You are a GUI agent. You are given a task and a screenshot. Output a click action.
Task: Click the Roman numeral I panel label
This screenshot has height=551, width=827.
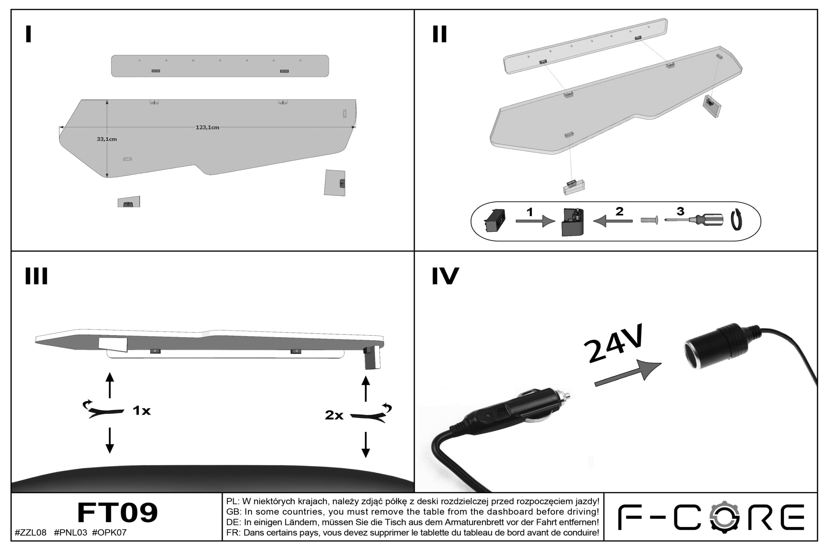[x=29, y=34]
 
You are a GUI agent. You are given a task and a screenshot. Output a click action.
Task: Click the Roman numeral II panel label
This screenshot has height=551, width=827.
[x=440, y=34]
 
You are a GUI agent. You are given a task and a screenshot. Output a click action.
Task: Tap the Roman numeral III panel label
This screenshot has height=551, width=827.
[x=36, y=276]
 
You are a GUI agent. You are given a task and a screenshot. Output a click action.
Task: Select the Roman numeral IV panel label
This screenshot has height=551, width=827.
[x=445, y=276]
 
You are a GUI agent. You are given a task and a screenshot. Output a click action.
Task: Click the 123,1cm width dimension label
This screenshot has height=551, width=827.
[x=208, y=127]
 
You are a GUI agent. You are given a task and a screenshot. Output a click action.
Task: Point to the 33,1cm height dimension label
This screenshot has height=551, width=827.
[x=107, y=139]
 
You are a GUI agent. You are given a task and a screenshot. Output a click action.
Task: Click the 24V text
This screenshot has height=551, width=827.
[x=614, y=343]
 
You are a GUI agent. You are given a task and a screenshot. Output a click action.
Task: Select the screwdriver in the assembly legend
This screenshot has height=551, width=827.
[x=694, y=220]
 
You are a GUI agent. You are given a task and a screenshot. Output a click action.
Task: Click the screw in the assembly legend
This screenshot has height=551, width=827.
[x=649, y=221]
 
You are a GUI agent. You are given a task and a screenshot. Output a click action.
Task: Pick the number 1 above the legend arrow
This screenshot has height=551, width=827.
[x=530, y=212]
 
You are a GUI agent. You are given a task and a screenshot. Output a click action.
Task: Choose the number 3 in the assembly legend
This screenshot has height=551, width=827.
[x=680, y=212]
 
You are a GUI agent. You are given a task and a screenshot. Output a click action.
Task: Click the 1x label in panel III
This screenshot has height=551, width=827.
[x=141, y=410]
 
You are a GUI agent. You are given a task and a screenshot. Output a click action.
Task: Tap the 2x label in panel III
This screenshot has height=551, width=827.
[x=334, y=415]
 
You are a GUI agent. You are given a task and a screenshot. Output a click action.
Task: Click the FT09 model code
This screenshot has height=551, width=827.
[x=118, y=513]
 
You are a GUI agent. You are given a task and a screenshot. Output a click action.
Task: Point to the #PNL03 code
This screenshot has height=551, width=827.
[x=70, y=532]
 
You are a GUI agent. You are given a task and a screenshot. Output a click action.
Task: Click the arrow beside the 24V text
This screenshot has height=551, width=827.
[x=628, y=372]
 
